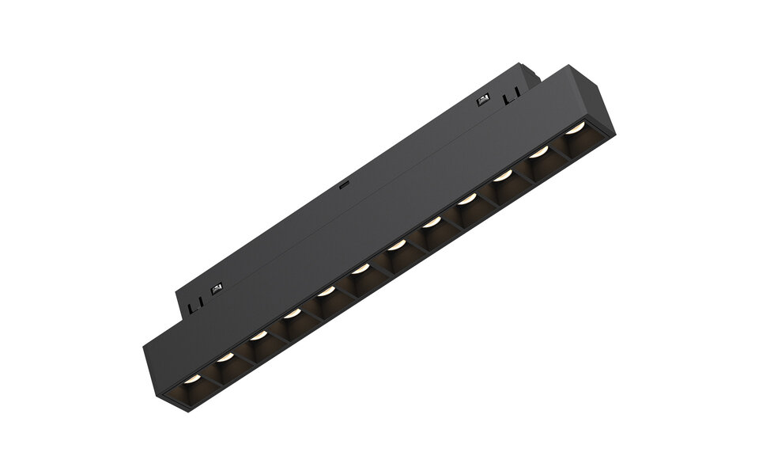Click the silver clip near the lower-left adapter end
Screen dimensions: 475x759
coord(216,287)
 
